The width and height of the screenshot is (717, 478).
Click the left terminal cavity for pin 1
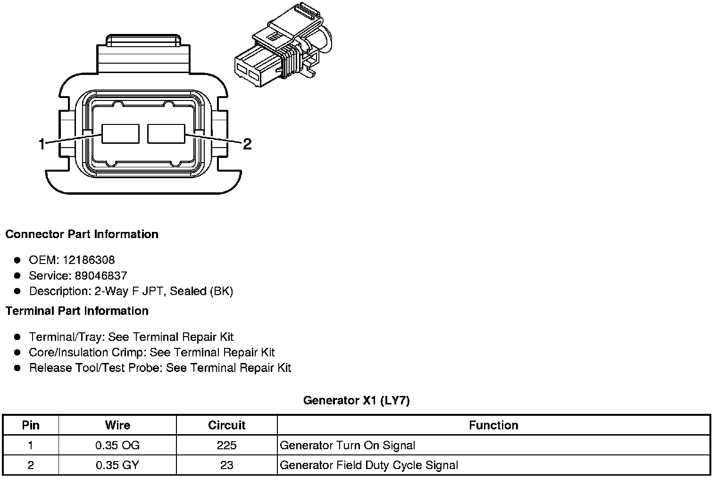click(x=120, y=134)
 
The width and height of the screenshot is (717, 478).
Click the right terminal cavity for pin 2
click(x=166, y=134)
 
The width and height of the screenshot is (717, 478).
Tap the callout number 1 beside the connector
click(x=42, y=144)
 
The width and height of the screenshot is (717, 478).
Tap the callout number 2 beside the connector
click(x=247, y=144)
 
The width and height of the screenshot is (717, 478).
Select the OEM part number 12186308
click(x=89, y=260)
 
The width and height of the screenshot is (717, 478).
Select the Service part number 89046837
click(x=101, y=275)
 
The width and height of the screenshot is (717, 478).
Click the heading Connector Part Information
click(x=82, y=234)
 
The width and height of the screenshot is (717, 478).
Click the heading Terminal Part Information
click(x=77, y=311)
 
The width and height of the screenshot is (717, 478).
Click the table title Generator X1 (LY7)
click(x=356, y=400)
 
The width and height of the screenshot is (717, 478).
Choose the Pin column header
click(x=31, y=425)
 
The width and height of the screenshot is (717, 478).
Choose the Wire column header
click(x=117, y=425)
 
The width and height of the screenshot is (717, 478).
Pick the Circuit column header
click(x=226, y=425)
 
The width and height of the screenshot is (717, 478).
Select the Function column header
click(x=493, y=425)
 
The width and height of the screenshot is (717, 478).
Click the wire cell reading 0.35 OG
click(x=117, y=445)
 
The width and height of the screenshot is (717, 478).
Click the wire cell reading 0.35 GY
click(x=117, y=465)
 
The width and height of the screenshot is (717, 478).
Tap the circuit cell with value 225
click(x=226, y=445)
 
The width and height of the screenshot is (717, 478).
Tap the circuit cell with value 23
click(x=226, y=465)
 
